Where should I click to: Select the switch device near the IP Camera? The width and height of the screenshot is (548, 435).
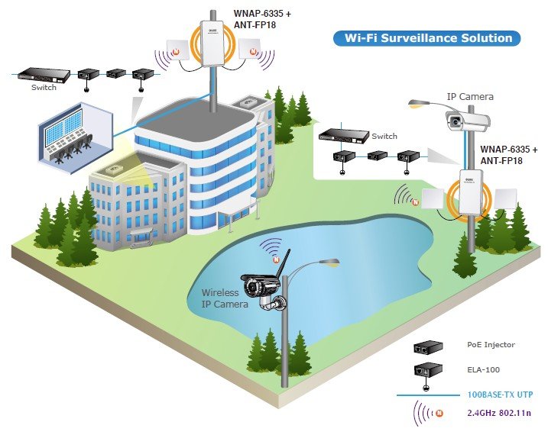click(x=342, y=136)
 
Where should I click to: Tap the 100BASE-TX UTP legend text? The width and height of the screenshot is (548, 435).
click(x=499, y=395)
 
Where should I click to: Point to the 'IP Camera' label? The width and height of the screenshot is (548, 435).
click(x=470, y=97)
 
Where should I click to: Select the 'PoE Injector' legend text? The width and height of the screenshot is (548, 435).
click(x=491, y=345)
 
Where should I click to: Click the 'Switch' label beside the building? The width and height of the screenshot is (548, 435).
click(x=44, y=88)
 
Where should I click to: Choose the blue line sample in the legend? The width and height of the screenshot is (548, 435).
click(x=425, y=395)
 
